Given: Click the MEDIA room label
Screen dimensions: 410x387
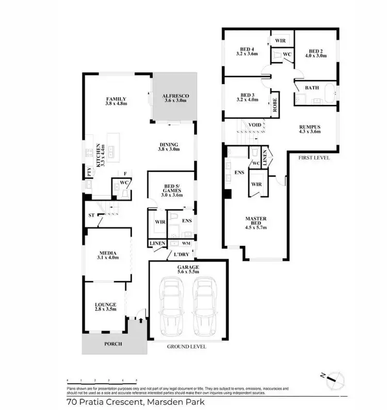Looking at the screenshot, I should (109, 255).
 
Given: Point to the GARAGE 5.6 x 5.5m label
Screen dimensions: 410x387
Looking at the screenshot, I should (187, 270).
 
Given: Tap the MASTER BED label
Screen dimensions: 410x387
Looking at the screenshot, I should (255, 222).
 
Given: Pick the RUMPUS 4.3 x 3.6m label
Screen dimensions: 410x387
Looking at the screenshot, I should (310, 129).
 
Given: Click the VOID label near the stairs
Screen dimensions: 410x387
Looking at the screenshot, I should (254, 125).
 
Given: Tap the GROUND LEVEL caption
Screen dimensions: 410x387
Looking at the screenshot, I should (186, 347).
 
